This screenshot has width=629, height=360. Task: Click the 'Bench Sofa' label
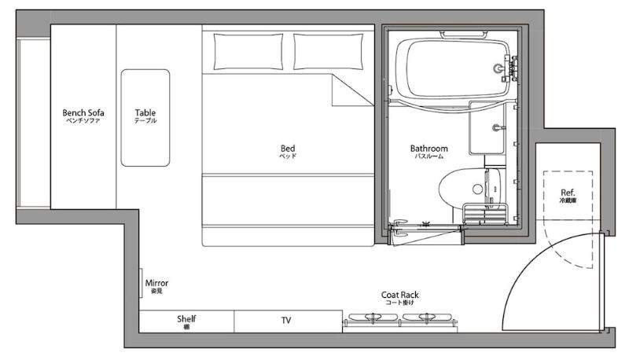coord(83,112)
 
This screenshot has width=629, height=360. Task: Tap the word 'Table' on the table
coord(145,112)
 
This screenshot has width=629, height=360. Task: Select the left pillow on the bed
coord(248,52)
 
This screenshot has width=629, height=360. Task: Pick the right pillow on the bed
coord(328,52)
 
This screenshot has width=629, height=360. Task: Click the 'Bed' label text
coord(288,149)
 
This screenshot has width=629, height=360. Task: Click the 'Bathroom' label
coord(429,149)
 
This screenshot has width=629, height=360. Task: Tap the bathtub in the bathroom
coord(452,68)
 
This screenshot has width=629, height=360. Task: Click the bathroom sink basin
coord(487,128)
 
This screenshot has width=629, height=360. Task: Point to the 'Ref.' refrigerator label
coord(568,192)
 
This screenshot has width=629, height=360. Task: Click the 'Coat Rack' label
coord(400,295)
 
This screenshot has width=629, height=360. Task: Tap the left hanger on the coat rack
coord(373,317)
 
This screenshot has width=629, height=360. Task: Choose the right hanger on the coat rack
coord(427,317)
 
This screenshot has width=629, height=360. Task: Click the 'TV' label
coord(286,320)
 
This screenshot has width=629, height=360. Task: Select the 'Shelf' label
coord(186,318)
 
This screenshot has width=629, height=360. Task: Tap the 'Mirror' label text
coord(156,283)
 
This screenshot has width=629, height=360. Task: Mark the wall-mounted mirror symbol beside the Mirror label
coord(141,283)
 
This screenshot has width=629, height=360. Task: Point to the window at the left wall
coord(33,123)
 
